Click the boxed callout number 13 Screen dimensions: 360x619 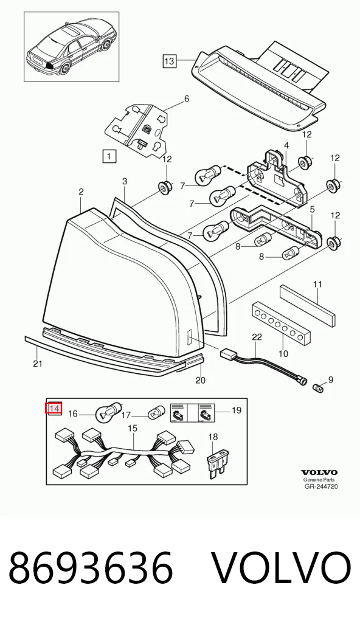pos(169,61)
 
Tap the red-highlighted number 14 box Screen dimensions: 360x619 pos(54,409)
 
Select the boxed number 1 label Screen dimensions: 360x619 pos(109,156)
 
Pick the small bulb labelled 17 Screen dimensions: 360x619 pos(154,413)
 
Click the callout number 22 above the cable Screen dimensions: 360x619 pos(257,337)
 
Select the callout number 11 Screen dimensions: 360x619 pos(318,284)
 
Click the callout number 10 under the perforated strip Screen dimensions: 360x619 pos(283,353)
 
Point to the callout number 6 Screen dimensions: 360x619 pos(187,99)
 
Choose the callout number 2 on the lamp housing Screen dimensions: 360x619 pos(81,192)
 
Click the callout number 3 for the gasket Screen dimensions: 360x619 pos(124,181)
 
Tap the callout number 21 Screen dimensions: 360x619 pos(37,364)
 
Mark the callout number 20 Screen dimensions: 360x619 pos(201,380)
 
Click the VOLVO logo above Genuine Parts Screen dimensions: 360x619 pos(319,472)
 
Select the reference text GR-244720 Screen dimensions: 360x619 pos(321,486)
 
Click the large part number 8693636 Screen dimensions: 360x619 pos(91,568)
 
